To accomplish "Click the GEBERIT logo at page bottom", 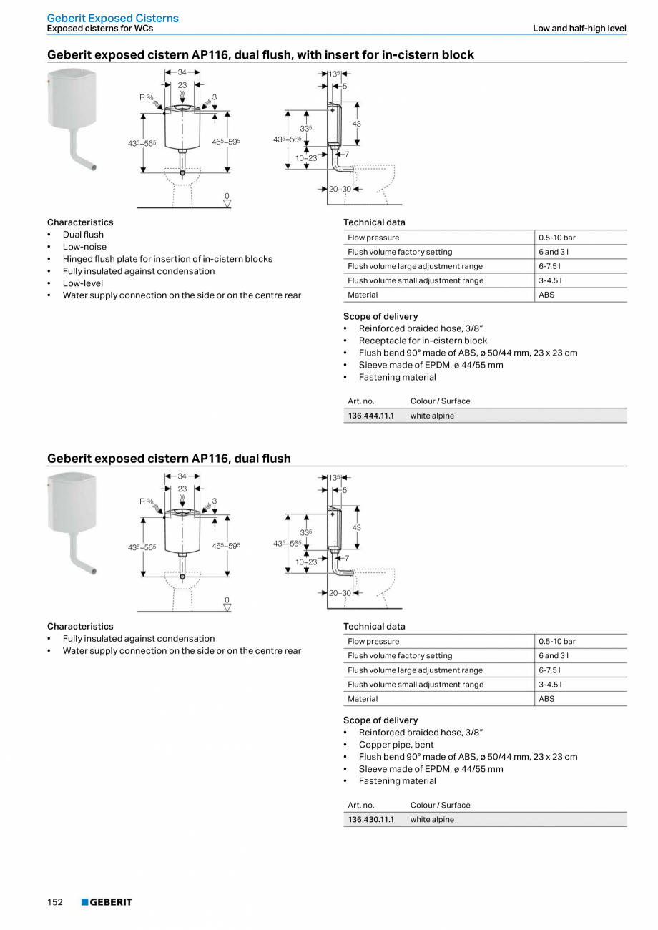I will (107, 902).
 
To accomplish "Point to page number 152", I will (55, 902).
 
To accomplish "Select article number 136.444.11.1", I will (370, 416).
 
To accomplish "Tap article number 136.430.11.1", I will (370, 820).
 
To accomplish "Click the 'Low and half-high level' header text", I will (579, 29).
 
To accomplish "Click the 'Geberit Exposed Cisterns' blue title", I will (113, 18).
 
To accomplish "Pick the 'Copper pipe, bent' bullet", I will (396, 745).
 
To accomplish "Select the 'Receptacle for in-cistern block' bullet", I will (423, 341).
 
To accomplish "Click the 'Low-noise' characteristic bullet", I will (84, 247).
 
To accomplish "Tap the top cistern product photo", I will (72, 118).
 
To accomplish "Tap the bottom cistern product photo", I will (72, 522).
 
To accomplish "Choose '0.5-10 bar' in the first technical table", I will (557, 238).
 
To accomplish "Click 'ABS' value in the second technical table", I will (546, 699).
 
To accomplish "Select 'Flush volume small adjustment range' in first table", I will (415, 280).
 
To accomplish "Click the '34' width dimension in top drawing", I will (182, 72).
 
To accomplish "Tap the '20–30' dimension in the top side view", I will (340, 189).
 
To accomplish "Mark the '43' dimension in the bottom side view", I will (356, 528).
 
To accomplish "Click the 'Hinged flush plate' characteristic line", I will (167, 259).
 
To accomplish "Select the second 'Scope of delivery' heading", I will (380, 720).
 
